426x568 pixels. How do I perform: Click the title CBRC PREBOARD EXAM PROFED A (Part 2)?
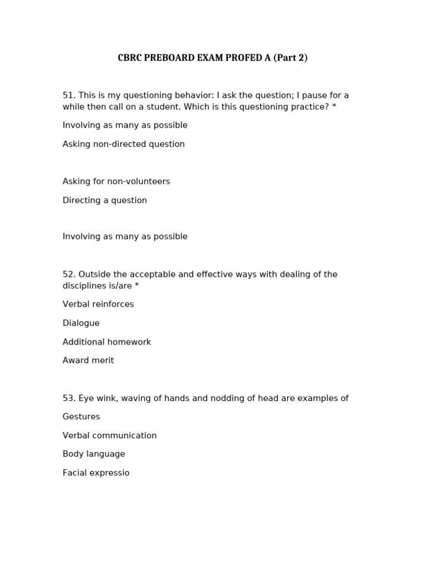coord(212,58)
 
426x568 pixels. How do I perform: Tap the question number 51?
coord(68,95)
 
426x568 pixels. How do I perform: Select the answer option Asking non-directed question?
coord(123,144)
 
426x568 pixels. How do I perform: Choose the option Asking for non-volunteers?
coord(116,181)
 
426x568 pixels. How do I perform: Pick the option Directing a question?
coord(104,200)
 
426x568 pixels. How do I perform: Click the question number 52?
coord(68,275)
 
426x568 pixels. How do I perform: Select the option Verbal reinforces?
coord(98,305)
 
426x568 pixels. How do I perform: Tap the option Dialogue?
coord(81,323)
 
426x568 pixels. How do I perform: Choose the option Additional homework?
coord(106,342)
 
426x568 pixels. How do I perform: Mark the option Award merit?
coord(88,361)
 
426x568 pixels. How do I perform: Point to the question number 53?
coord(68,398)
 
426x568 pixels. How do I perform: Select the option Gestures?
coord(81,417)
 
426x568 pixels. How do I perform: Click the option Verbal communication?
coord(109,435)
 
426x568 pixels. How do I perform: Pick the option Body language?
coord(93,454)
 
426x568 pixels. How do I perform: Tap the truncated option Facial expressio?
coord(95,473)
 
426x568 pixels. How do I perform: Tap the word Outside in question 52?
coord(94,275)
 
